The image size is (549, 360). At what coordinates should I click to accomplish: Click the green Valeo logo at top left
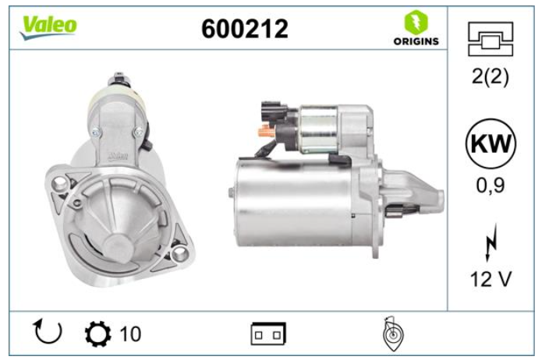48,27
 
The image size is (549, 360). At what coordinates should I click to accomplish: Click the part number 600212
245,29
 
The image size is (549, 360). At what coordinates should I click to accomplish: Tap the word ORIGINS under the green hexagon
416,41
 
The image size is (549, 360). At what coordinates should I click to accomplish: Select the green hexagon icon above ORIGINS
416,22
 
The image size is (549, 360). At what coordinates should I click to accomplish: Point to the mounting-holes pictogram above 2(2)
491,39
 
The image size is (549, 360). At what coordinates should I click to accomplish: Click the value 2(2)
491,76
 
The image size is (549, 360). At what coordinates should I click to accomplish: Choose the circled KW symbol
491,143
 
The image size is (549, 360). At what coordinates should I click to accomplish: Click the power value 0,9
491,185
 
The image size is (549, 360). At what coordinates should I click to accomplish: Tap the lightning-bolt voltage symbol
491,242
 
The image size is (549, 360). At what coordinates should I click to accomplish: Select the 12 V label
491,279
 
